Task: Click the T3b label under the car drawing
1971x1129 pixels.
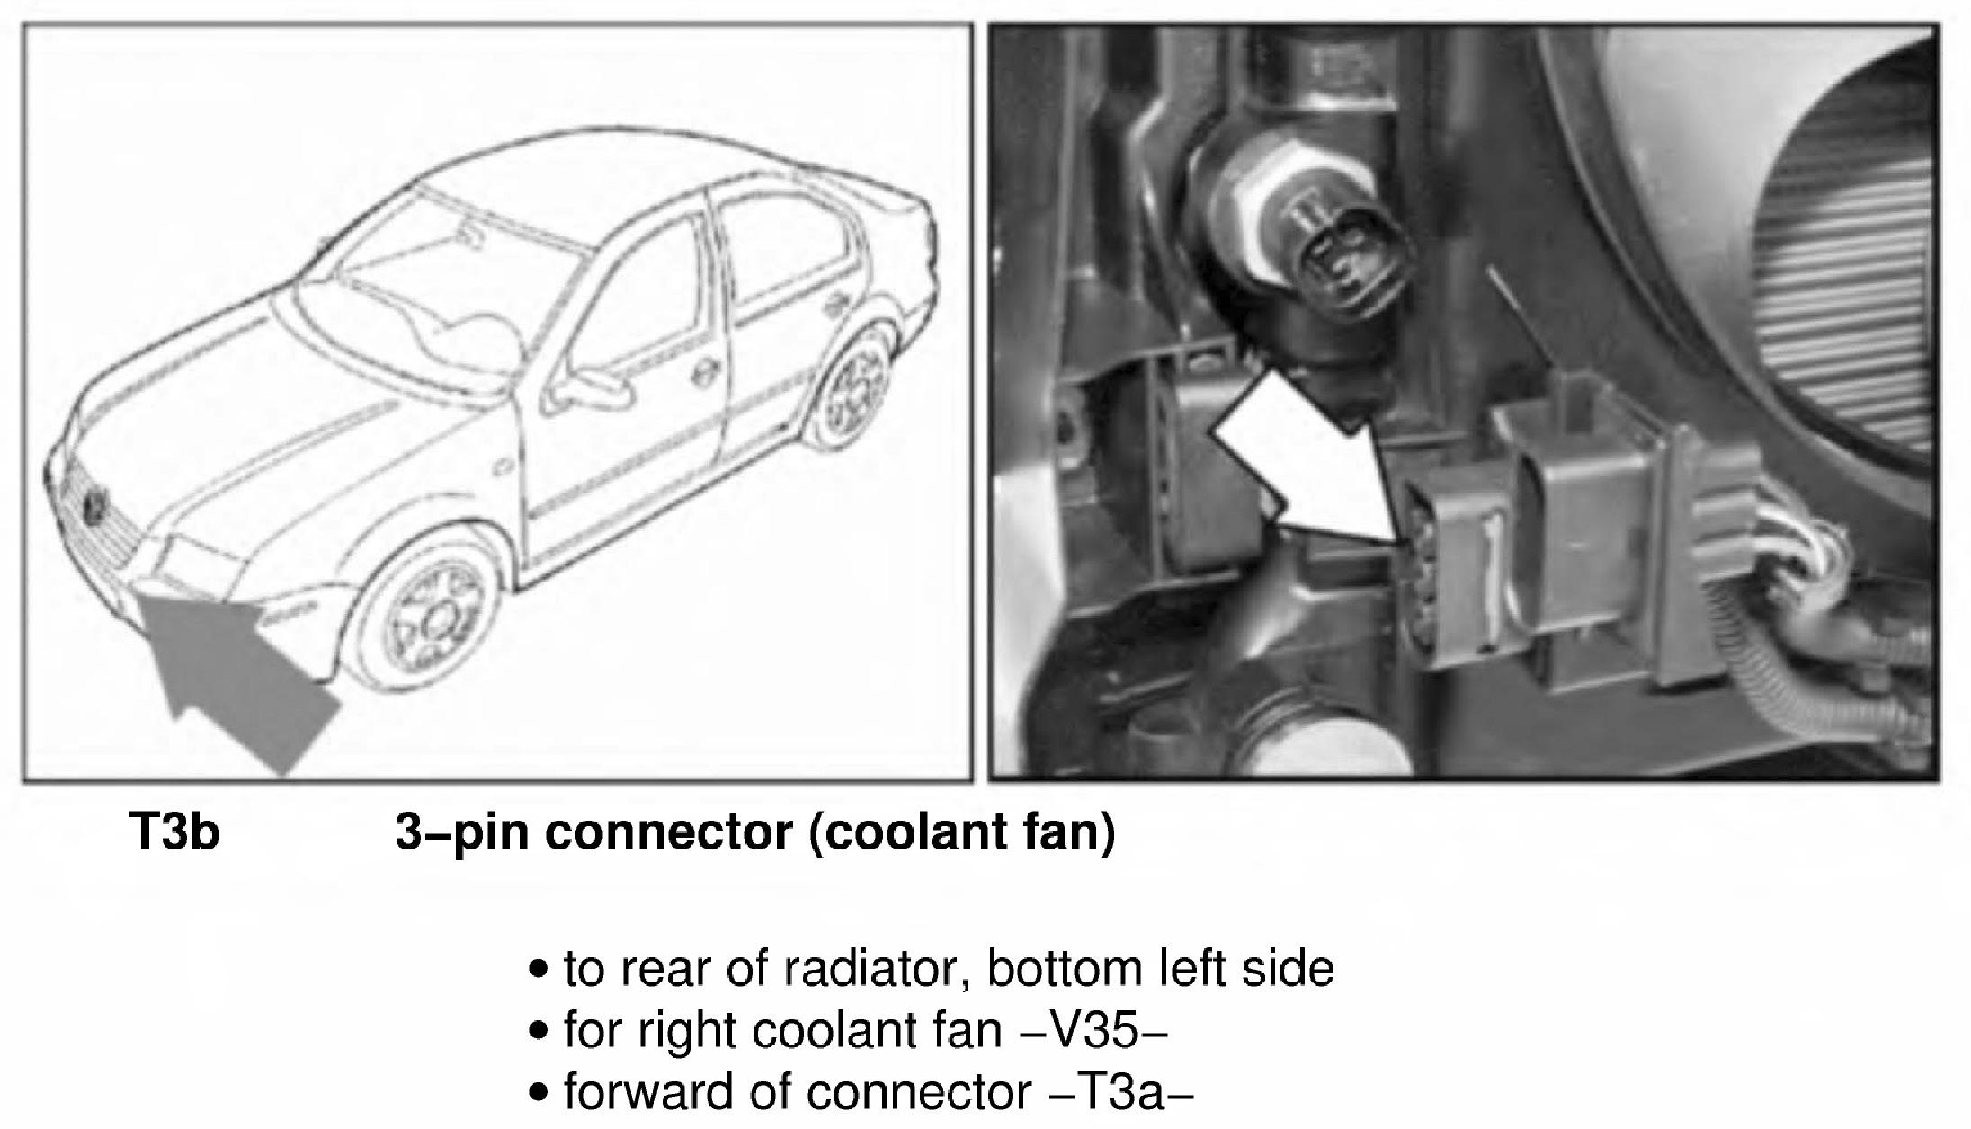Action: tap(174, 831)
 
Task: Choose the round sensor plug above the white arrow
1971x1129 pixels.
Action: tap(1331, 261)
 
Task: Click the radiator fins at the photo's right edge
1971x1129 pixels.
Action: tap(1852, 297)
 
